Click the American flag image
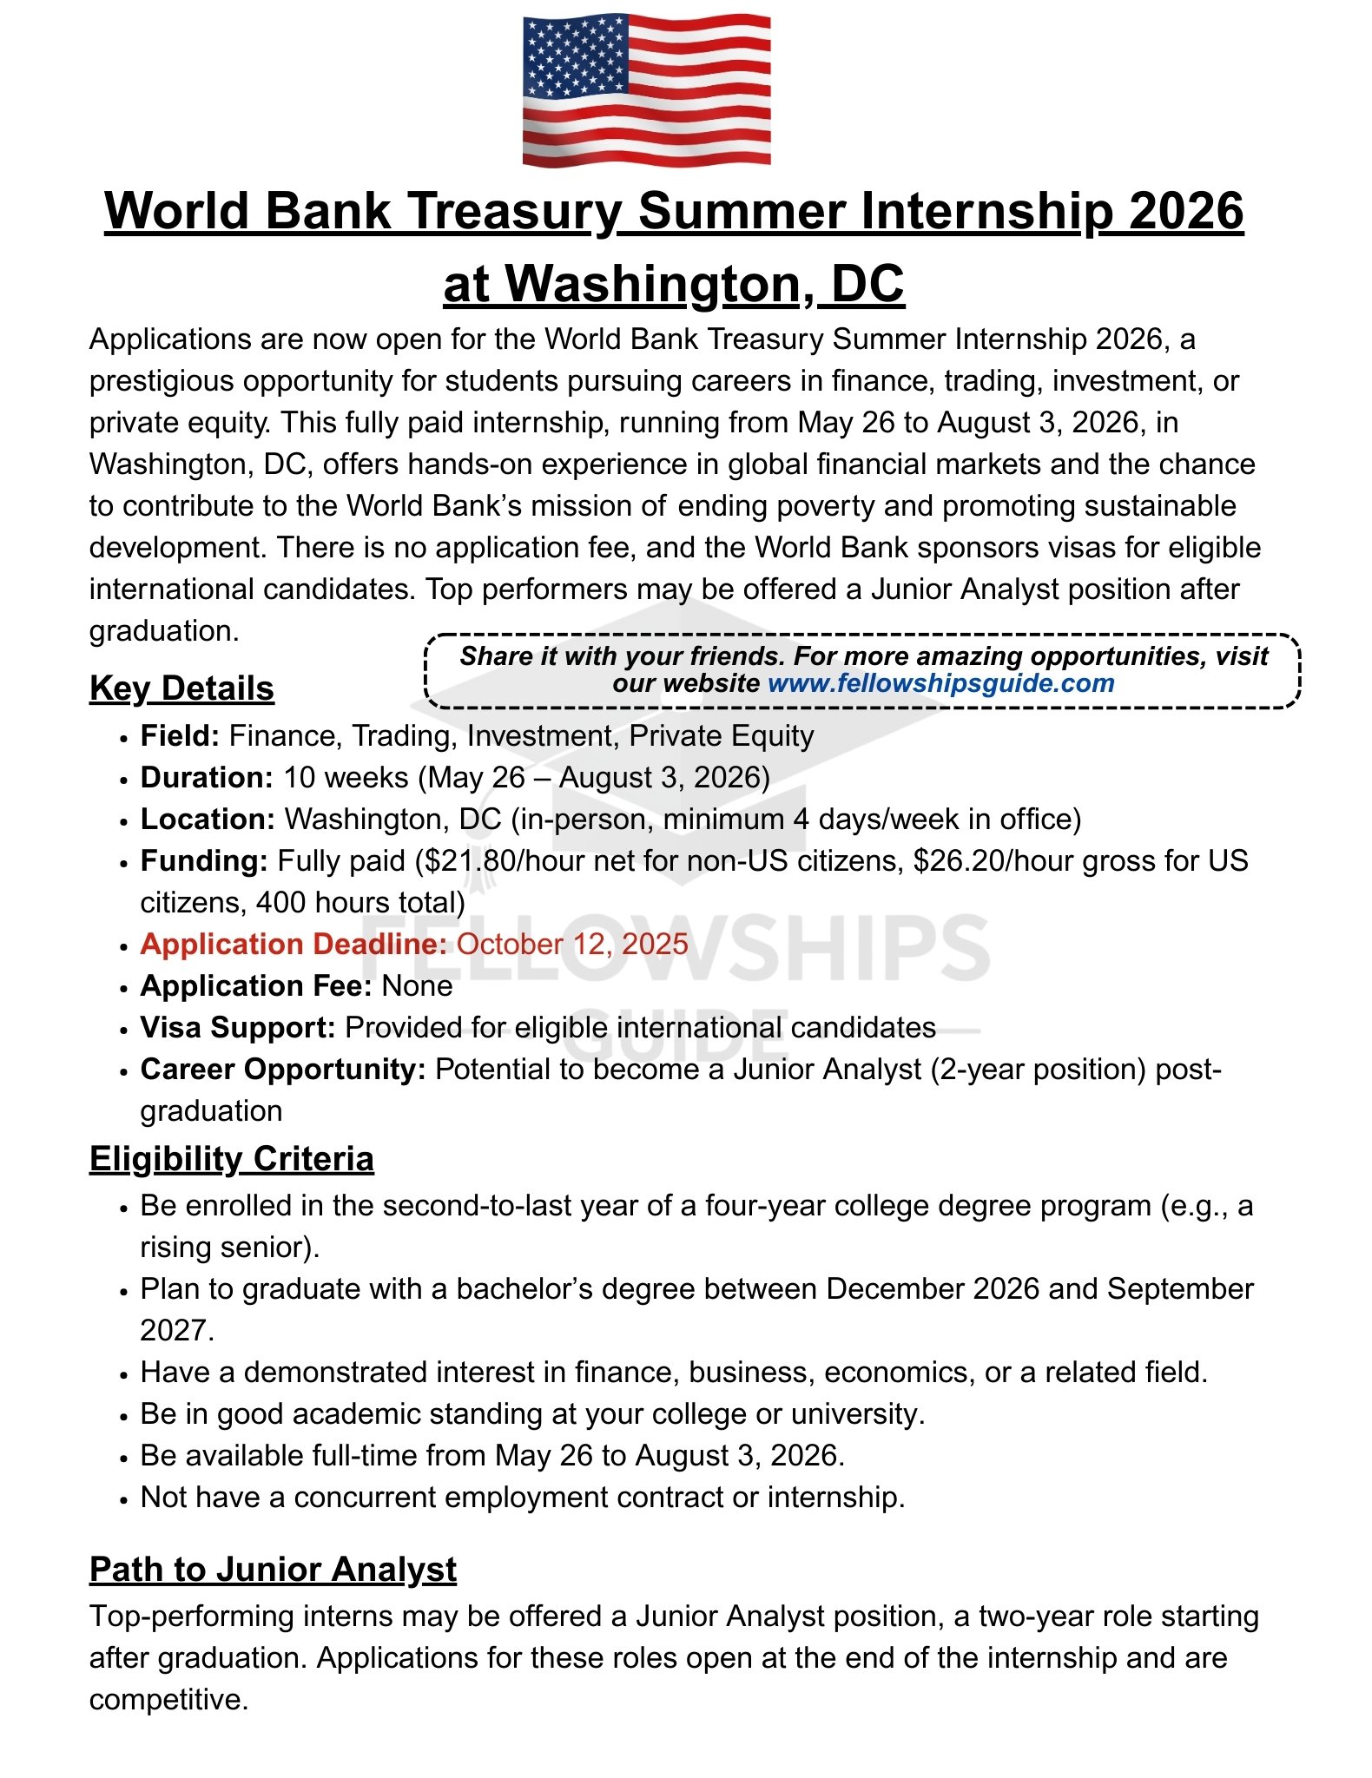(646, 89)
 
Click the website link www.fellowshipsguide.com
(940, 683)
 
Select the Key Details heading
(181, 688)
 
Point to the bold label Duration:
(207, 778)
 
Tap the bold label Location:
(208, 820)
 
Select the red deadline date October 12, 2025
(572, 945)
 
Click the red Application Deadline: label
(294, 945)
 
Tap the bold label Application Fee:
(256, 986)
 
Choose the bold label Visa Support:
(238, 1028)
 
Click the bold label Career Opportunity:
(283, 1070)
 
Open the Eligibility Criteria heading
(231, 1160)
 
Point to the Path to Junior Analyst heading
(273, 1570)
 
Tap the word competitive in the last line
(168, 1700)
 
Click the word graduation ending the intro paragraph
(162, 631)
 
